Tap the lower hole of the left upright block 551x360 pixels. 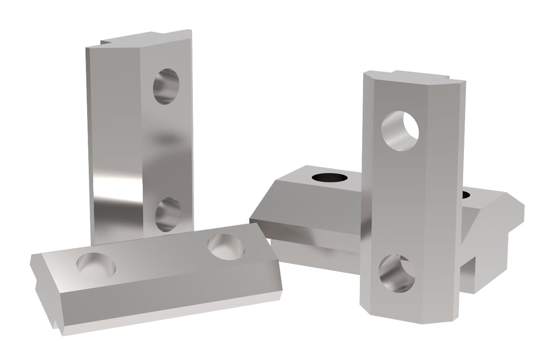[168, 214]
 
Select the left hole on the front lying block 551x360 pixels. [96, 265]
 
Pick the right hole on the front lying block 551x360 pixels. [226, 246]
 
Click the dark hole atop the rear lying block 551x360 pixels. [331, 178]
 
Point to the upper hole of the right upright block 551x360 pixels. [400, 131]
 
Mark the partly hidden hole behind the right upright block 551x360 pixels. [466, 194]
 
